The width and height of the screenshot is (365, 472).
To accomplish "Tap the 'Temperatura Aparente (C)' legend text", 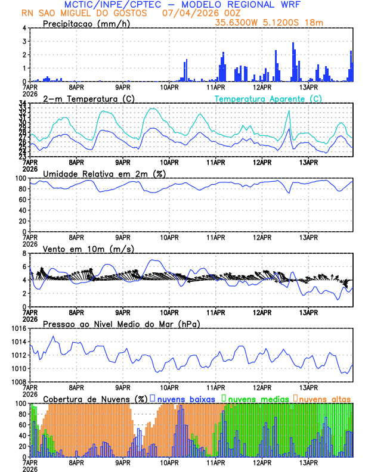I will pyautogui.click(x=268, y=98).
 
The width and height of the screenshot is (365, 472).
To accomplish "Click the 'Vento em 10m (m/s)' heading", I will pyautogui.click(x=88, y=249).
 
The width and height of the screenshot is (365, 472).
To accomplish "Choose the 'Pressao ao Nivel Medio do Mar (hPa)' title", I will pyautogui.click(x=121, y=324).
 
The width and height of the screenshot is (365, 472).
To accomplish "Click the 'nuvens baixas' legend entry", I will pyautogui.click(x=186, y=398).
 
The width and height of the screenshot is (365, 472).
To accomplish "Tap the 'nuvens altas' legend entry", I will pyautogui.click(x=326, y=398).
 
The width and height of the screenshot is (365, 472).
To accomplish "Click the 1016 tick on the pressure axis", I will pyautogui.click(x=17, y=328).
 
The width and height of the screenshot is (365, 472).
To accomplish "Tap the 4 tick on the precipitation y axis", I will pyautogui.click(x=24, y=28).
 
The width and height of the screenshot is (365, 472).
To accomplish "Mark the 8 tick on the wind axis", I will pyautogui.click(x=24, y=253).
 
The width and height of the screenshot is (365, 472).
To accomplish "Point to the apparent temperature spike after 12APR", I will pyautogui.click(x=289, y=111).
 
